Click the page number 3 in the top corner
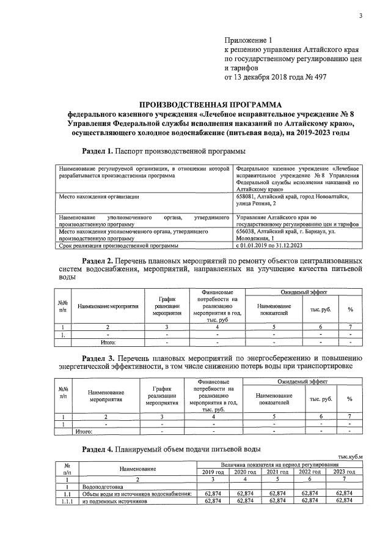(360, 16)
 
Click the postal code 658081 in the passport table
(247, 196)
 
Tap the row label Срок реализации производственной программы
(118, 246)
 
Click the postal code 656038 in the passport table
(247, 232)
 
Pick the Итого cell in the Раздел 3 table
(83, 431)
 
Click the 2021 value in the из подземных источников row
(277, 501)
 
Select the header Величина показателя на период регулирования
(277, 465)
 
